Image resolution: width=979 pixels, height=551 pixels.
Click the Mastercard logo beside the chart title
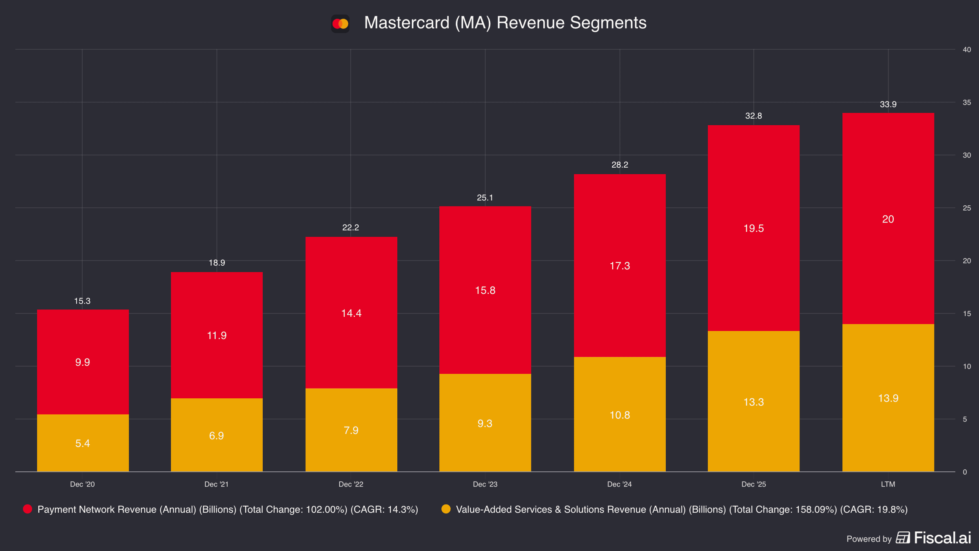point(340,24)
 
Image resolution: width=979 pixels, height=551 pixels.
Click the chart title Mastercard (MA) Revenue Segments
point(505,23)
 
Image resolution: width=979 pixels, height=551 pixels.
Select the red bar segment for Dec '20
point(83,362)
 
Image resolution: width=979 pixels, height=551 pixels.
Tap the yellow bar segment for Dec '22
point(351,430)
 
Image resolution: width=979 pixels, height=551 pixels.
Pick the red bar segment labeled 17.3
point(620,266)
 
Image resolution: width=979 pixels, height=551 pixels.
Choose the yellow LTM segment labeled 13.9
point(888,398)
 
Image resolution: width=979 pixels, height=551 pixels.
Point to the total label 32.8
point(753,116)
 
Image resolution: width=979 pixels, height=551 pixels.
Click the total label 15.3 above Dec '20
point(82,301)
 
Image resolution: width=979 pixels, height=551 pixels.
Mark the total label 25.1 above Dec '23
point(485,198)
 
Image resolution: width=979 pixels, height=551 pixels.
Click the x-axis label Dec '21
point(217,484)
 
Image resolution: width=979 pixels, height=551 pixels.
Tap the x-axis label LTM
point(888,484)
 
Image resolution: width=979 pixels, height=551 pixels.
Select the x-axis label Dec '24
point(619,484)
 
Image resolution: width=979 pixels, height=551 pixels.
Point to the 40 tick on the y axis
point(967,50)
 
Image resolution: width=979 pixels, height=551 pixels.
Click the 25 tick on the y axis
point(967,208)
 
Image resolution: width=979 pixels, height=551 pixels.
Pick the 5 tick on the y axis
point(965,420)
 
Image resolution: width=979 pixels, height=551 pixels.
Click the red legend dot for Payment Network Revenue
point(27,509)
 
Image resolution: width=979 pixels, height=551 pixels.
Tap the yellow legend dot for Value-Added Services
point(446,509)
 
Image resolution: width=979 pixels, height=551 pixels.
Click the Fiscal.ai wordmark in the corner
point(942,538)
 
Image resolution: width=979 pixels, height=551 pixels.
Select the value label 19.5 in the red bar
point(753,229)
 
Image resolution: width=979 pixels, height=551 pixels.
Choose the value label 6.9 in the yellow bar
point(217,436)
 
